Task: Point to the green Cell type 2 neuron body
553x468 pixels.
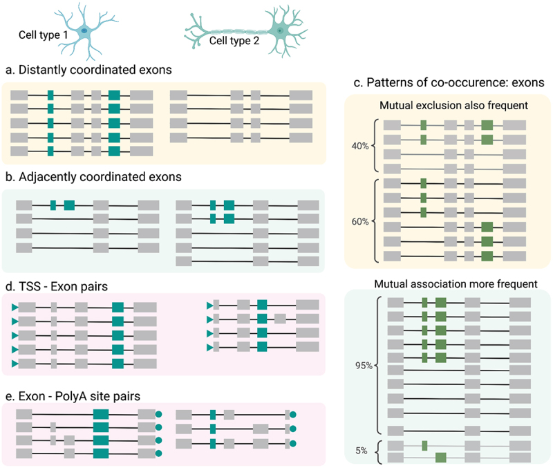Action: tap(279, 31)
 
